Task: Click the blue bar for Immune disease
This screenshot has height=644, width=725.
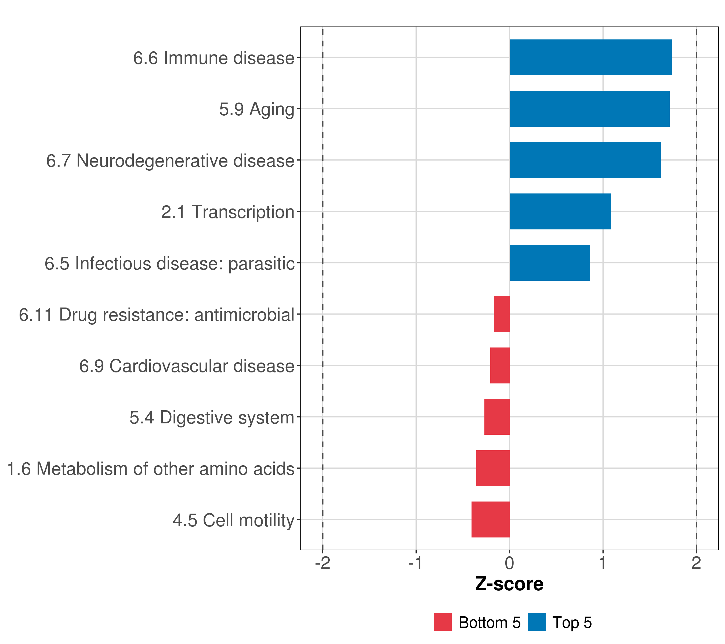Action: pyautogui.click(x=590, y=57)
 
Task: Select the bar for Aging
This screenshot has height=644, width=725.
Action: pyautogui.click(x=589, y=109)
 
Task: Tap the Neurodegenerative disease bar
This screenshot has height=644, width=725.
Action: pyautogui.click(x=585, y=160)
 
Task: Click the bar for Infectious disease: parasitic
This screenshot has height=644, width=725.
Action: pyautogui.click(x=549, y=263)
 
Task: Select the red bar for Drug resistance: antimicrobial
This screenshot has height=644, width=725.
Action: pyautogui.click(x=502, y=314)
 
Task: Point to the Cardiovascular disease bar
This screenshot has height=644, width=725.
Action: pyautogui.click(x=500, y=365)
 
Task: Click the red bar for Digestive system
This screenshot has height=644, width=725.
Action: pyautogui.click(x=497, y=417)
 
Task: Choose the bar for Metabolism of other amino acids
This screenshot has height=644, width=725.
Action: pyautogui.click(x=493, y=468)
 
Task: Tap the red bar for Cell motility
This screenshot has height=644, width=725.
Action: pyautogui.click(x=491, y=519)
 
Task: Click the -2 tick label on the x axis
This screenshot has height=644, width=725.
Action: pyautogui.click(x=322, y=563)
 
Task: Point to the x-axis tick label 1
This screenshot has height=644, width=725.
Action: pyautogui.click(x=603, y=563)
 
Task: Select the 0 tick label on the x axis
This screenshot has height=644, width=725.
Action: pyautogui.click(x=509, y=563)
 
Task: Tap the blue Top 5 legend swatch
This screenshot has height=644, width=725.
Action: pyautogui.click(x=536, y=622)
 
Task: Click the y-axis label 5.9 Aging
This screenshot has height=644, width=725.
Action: pyautogui.click(x=256, y=109)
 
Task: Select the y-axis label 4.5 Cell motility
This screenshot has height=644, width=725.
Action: pyautogui.click(x=233, y=520)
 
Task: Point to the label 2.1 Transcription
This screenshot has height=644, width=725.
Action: pyautogui.click(x=228, y=212)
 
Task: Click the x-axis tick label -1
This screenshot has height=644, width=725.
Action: pyautogui.click(x=415, y=563)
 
